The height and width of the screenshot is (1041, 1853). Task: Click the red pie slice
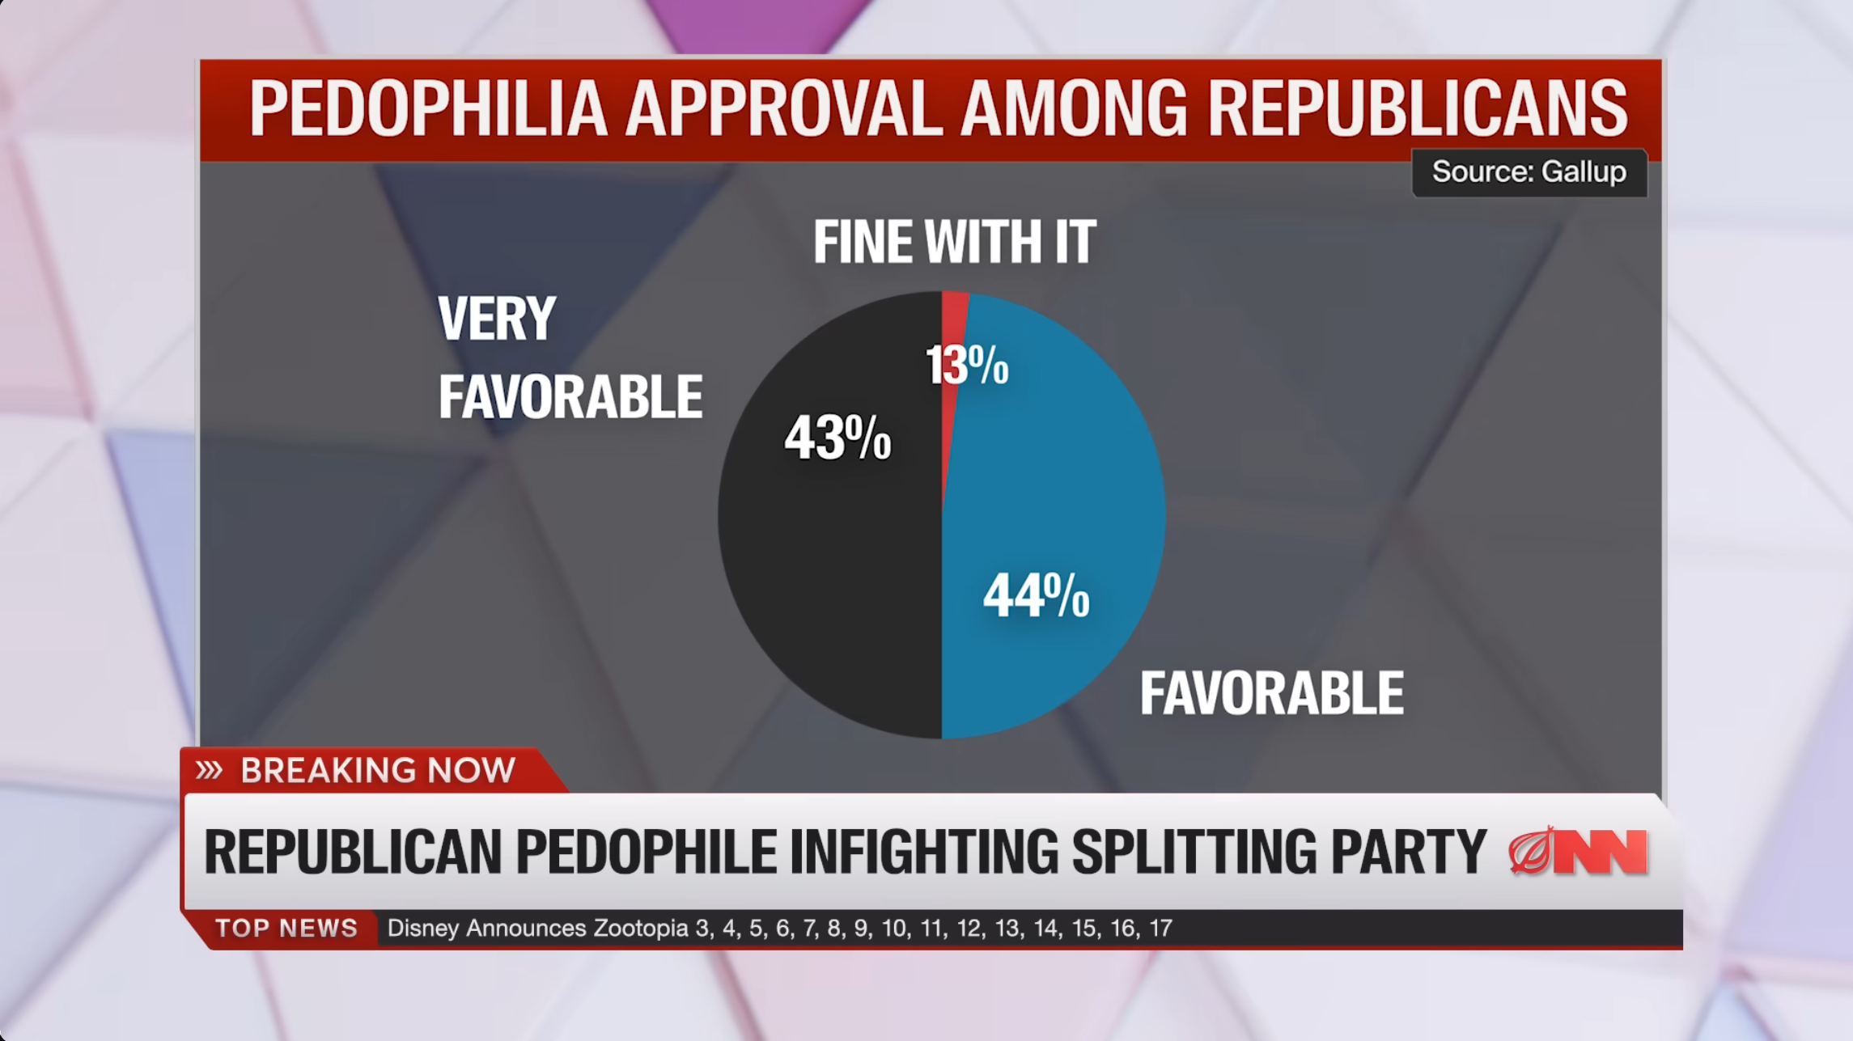tap(952, 324)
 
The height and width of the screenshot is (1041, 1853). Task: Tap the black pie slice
tap(833, 566)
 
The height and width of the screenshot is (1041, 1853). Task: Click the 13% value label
tap(968, 365)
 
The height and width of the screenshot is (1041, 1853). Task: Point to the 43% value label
tap(837, 438)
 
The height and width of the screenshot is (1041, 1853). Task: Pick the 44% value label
tap(1037, 595)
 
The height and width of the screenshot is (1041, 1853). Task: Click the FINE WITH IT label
tap(955, 242)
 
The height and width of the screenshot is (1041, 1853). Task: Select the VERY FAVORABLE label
tap(570, 358)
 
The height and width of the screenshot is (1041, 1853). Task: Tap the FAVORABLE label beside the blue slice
tap(1272, 693)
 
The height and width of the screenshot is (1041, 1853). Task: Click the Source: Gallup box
tap(1529, 172)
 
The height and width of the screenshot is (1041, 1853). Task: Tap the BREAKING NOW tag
tap(377, 770)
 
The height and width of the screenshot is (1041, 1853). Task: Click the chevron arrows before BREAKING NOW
tap(209, 770)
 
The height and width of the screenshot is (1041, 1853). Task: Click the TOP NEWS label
tap(286, 928)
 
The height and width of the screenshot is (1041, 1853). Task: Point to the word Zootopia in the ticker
tap(641, 928)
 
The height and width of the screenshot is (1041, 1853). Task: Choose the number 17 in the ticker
tap(1160, 928)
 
